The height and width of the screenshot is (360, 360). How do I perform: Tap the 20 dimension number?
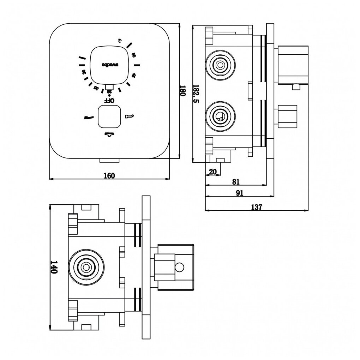pos(213,172)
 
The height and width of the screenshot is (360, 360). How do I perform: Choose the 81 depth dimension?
pos(236,181)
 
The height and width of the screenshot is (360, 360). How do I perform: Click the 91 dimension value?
pos(240,193)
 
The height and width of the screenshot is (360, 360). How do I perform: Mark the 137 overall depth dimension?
pos(257,207)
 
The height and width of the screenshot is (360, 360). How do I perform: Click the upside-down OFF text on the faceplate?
pos(109,100)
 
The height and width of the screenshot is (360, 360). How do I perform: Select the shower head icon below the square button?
pos(109,134)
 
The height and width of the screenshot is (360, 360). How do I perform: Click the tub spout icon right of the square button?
pos(130,116)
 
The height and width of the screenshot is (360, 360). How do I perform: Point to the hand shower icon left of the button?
pos(88,117)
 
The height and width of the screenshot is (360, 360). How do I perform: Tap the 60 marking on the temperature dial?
pos(133,55)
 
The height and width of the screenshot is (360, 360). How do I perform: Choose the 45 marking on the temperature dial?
pos(133,75)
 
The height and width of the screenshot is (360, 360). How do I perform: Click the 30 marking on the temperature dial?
pos(84,72)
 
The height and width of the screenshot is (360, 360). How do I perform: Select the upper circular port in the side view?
pos(221,65)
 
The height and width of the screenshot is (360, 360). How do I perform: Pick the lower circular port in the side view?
pos(221,117)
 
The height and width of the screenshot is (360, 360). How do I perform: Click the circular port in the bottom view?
pos(86,267)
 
